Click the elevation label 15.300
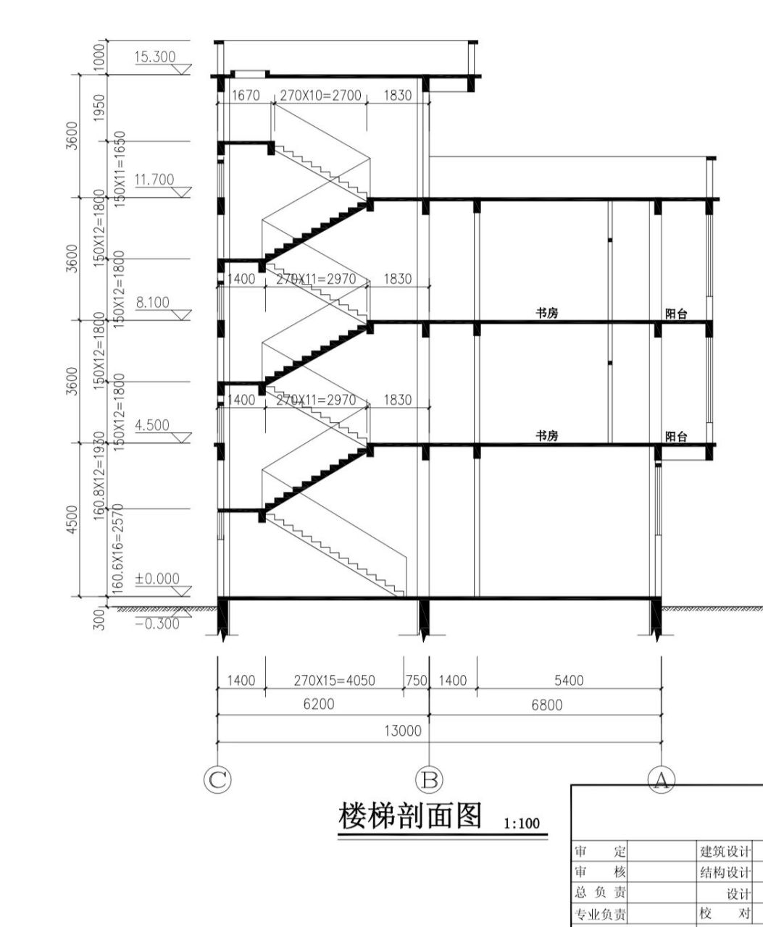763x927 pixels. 154,56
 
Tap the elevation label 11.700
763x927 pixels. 154,179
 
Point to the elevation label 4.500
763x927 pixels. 153,425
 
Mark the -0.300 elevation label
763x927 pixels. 157,624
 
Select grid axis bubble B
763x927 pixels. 429,779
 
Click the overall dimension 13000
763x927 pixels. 403,731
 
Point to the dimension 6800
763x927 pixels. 547,705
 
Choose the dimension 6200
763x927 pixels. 318,705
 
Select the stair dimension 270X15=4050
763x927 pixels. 334,681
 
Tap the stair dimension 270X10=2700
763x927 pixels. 320,96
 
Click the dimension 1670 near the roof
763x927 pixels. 243,96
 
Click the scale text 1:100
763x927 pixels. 522,823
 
